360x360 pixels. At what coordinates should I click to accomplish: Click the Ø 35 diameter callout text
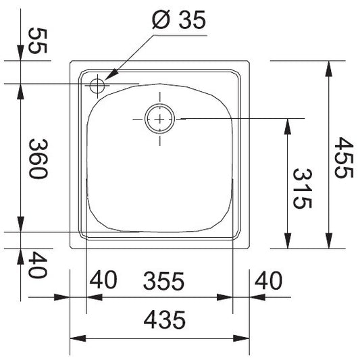[179, 20]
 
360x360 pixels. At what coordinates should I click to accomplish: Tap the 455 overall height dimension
[344, 157]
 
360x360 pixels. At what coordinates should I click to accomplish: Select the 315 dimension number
[303, 188]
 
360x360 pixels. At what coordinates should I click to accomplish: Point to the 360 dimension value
[38, 159]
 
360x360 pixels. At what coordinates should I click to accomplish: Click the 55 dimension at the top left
[38, 41]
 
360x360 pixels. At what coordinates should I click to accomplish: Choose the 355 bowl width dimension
[163, 281]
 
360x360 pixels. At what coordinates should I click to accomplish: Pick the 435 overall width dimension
[164, 320]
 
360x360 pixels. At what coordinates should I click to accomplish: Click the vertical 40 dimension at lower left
[38, 265]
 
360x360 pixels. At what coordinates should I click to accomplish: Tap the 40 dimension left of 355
[103, 280]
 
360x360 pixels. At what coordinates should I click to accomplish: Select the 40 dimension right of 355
[268, 280]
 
